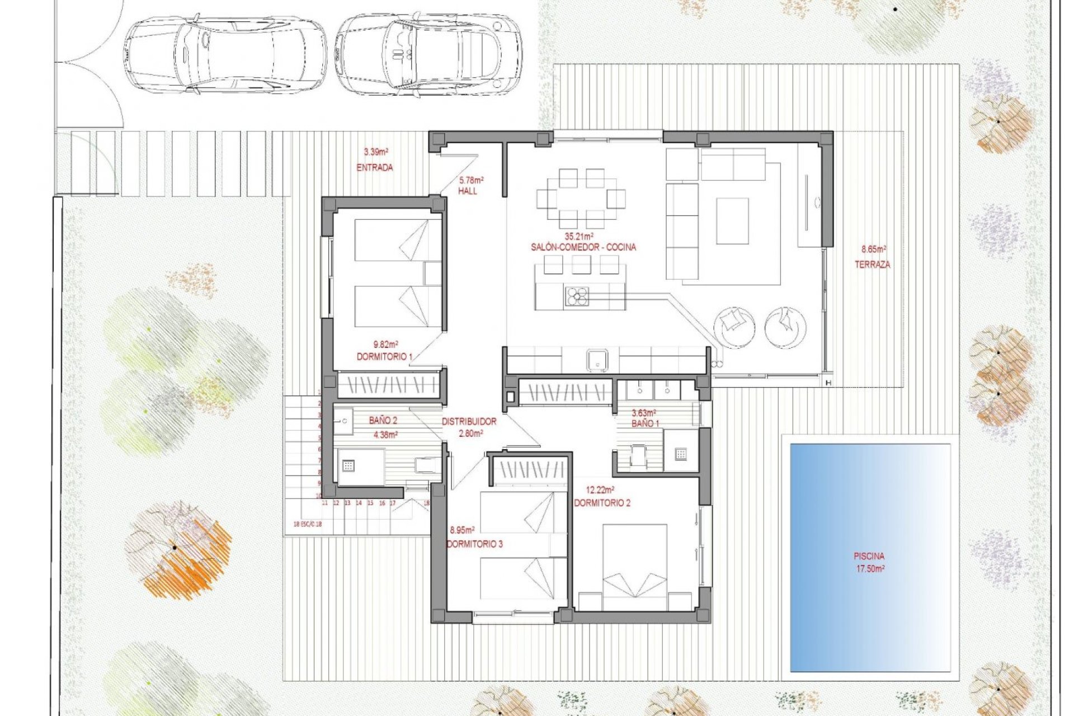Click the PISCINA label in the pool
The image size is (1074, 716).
(x=869, y=557)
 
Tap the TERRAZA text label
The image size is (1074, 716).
(x=872, y=265)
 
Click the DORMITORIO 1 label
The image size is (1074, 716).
(x=384, y=356)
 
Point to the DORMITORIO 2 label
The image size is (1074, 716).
(x=602, y=503)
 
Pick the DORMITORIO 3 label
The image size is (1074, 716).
(x=474, y=544)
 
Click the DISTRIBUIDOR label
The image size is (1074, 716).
(x=469, y=422)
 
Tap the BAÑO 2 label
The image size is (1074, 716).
(x=383, y=421)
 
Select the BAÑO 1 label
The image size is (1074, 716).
(x=645, y=424)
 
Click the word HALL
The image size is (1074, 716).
(x=468, y=191)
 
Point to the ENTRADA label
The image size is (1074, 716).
(x=375, y=167)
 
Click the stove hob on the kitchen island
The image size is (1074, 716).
(x=577, y=296)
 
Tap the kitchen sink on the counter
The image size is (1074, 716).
(x=597, y=359)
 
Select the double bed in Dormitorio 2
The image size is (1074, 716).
(x=634, y=567)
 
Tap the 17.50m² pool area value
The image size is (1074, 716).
(x=869, y=569)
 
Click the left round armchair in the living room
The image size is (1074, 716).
(x=734, y=327)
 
